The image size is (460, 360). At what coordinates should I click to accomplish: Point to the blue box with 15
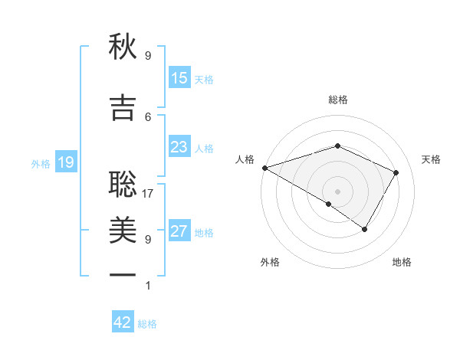click(179, 78)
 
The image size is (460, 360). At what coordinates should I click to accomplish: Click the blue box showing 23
click(179, 147)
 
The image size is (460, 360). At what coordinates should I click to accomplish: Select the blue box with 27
click(179, 231)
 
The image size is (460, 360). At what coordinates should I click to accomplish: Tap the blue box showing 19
click(65, 162)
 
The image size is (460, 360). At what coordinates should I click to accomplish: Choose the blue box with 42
click(123, 322)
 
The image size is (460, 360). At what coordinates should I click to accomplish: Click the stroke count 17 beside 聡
click(148, 193)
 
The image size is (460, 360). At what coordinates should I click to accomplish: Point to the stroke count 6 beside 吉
click(148, 116)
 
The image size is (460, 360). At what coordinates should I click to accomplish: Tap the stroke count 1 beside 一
click(148, 285)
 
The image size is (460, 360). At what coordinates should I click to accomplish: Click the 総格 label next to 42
click(147, 324)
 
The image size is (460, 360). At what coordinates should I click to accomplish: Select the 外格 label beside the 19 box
click(41, 163)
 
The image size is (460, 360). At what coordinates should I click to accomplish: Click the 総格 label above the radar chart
click(337, 100)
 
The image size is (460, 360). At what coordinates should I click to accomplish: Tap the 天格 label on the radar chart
click(431, 159)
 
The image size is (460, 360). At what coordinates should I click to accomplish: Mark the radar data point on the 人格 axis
click(264, 167)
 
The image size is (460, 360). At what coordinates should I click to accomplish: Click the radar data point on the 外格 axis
click(329, 204)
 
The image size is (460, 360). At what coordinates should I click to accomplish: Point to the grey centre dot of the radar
click(337, 191)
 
